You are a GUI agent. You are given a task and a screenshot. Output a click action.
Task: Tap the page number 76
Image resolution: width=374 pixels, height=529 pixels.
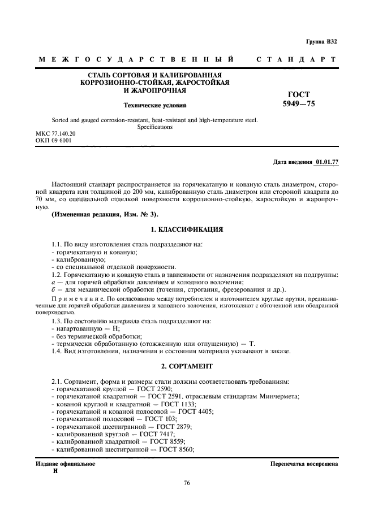pos(187,483)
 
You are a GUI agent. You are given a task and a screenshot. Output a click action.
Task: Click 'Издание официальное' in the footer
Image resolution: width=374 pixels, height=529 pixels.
pos(65,463)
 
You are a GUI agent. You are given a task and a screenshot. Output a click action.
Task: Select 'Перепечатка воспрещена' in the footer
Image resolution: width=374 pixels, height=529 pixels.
pos(304,463)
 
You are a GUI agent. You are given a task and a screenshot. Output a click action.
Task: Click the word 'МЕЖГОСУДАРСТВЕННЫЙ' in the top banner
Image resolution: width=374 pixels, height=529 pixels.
pos(136,59)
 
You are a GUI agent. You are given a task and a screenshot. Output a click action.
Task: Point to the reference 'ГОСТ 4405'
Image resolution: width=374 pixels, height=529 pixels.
pos(196,412)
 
